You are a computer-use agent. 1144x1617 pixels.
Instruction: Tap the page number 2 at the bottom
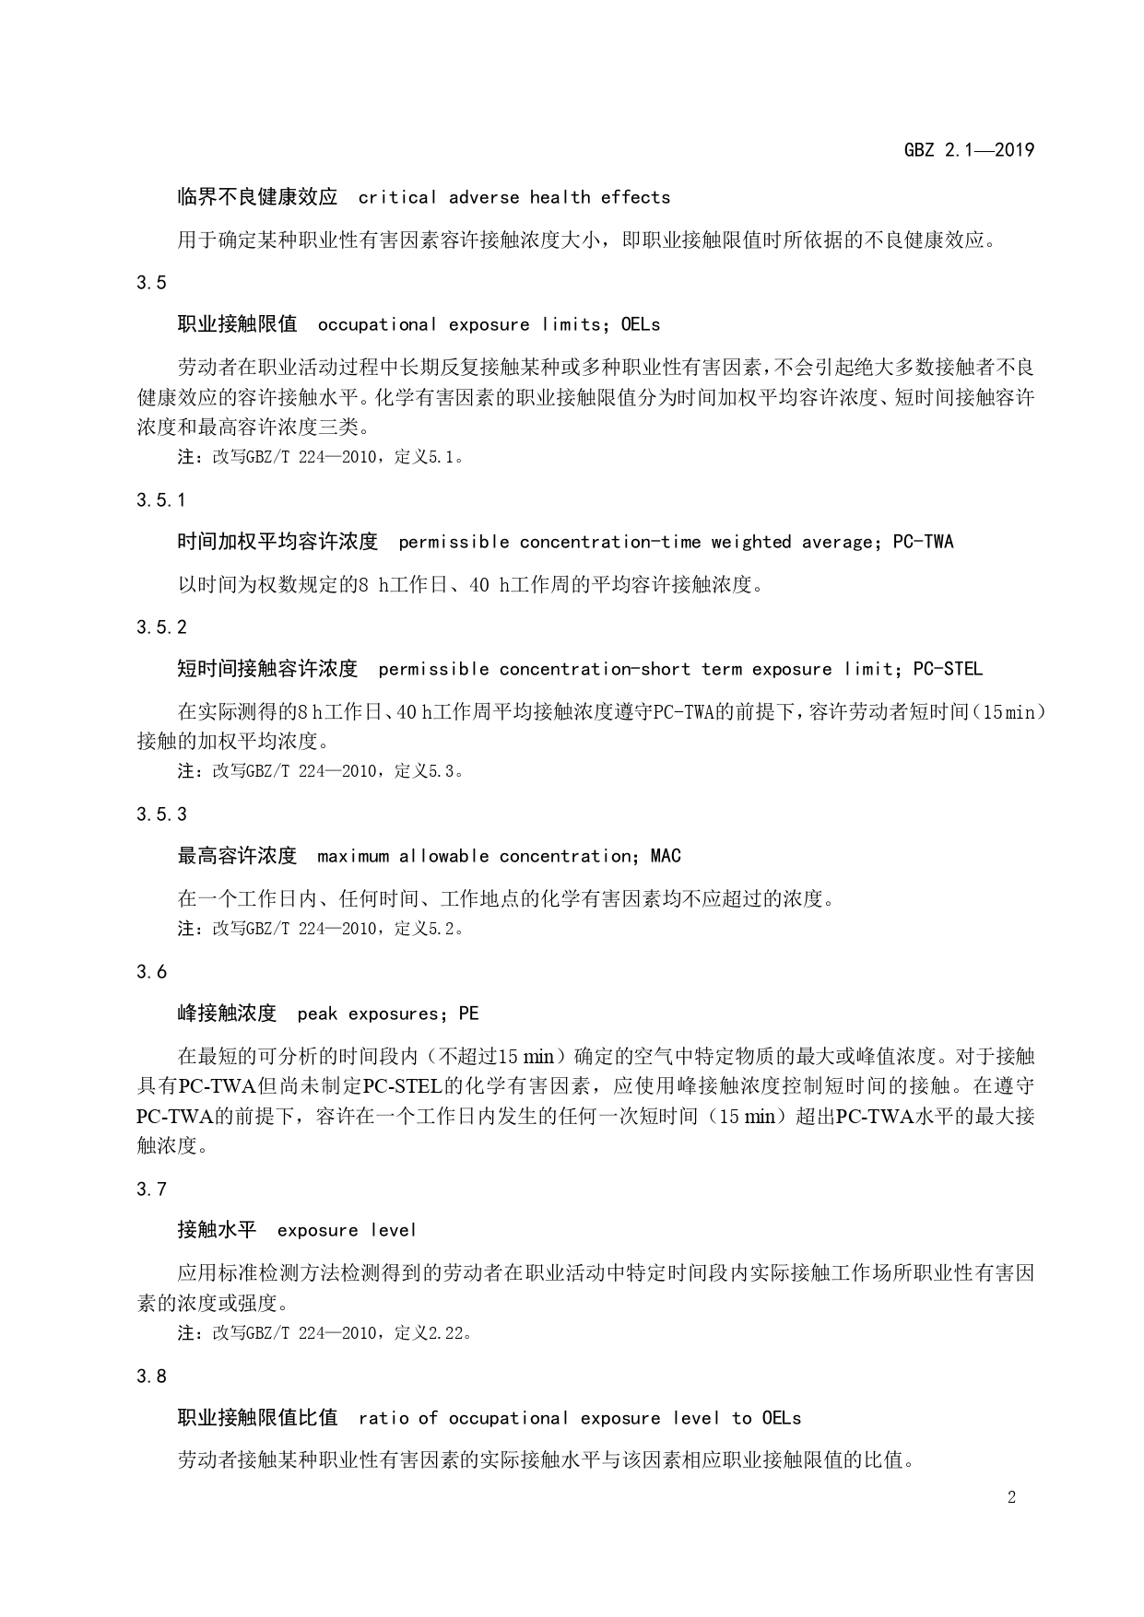click(x=1011, y=1497)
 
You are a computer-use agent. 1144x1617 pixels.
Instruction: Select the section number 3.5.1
click(x=161, y=500)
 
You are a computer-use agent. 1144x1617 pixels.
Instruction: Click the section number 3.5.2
click(x=161, y=627)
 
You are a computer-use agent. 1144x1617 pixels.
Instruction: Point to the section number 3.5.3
click(x=161, y=814)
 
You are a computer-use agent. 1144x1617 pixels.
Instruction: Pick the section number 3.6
click(x=152, y=972)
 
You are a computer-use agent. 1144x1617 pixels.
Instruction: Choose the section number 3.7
click(x=152, y=1189)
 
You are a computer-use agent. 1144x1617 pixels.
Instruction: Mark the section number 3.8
click(x=152, y=1377)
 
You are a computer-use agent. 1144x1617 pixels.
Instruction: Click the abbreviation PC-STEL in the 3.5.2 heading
click(x=948, y=669)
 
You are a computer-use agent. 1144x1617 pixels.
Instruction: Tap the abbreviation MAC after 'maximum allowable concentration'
click(x=666, y=856)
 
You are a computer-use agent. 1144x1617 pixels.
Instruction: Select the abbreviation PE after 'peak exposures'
click(x=469, y=1014)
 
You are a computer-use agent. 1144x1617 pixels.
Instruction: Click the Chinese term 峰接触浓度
click(x=227, y=1014)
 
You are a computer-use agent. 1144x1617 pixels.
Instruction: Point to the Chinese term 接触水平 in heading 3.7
click(x=217, y=1231)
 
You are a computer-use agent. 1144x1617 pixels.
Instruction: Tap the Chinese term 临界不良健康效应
click(x=257, y=197)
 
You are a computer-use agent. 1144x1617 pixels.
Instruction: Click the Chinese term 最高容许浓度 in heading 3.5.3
click(x=237, y=856)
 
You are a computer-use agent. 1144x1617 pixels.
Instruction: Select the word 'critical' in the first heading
click(x=397, y=197)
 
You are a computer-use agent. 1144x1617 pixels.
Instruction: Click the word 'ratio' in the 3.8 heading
click(x=383, y=1418)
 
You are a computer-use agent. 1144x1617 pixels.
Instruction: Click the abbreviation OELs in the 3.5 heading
click(x=641, y=324)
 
